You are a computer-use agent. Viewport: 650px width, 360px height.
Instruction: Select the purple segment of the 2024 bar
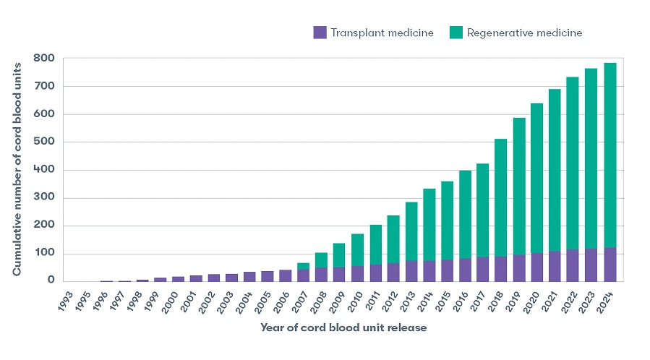(610, 265)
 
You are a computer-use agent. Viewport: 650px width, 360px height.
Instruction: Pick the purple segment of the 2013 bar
(411, 271)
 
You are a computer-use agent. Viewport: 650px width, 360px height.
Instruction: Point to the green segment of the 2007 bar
(304, 266)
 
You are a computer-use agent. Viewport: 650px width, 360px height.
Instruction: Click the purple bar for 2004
(249, 277)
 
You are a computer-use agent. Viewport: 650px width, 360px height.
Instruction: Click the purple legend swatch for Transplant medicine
(320, 33)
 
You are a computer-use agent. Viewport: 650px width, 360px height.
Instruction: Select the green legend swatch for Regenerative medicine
(456, 33)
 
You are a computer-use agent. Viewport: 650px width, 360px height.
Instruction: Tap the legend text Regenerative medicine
(524, 33)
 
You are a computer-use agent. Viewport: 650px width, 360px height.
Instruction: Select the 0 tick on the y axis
(50, 281)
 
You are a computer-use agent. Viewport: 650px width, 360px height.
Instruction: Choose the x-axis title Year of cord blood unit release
(343, 327)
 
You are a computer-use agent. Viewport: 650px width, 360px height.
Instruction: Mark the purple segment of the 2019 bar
(519, 268)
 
